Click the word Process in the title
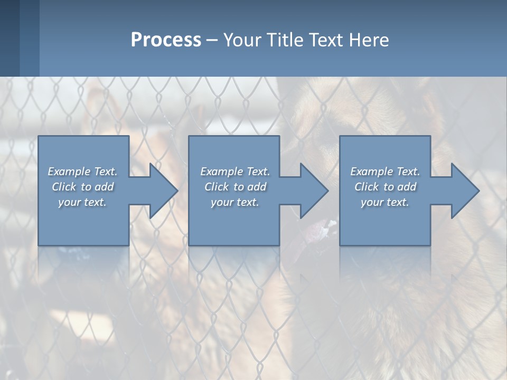pos(166,40)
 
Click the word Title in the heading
pos(284,40)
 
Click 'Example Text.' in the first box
pos(82,172)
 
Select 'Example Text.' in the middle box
pos(234,172)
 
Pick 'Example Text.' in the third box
pos(385,172)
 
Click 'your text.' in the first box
pos(82,202)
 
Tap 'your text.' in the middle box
pos(234,202)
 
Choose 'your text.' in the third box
pos(385,202)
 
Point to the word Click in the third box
pos(367,187)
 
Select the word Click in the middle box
pos(217,187)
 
